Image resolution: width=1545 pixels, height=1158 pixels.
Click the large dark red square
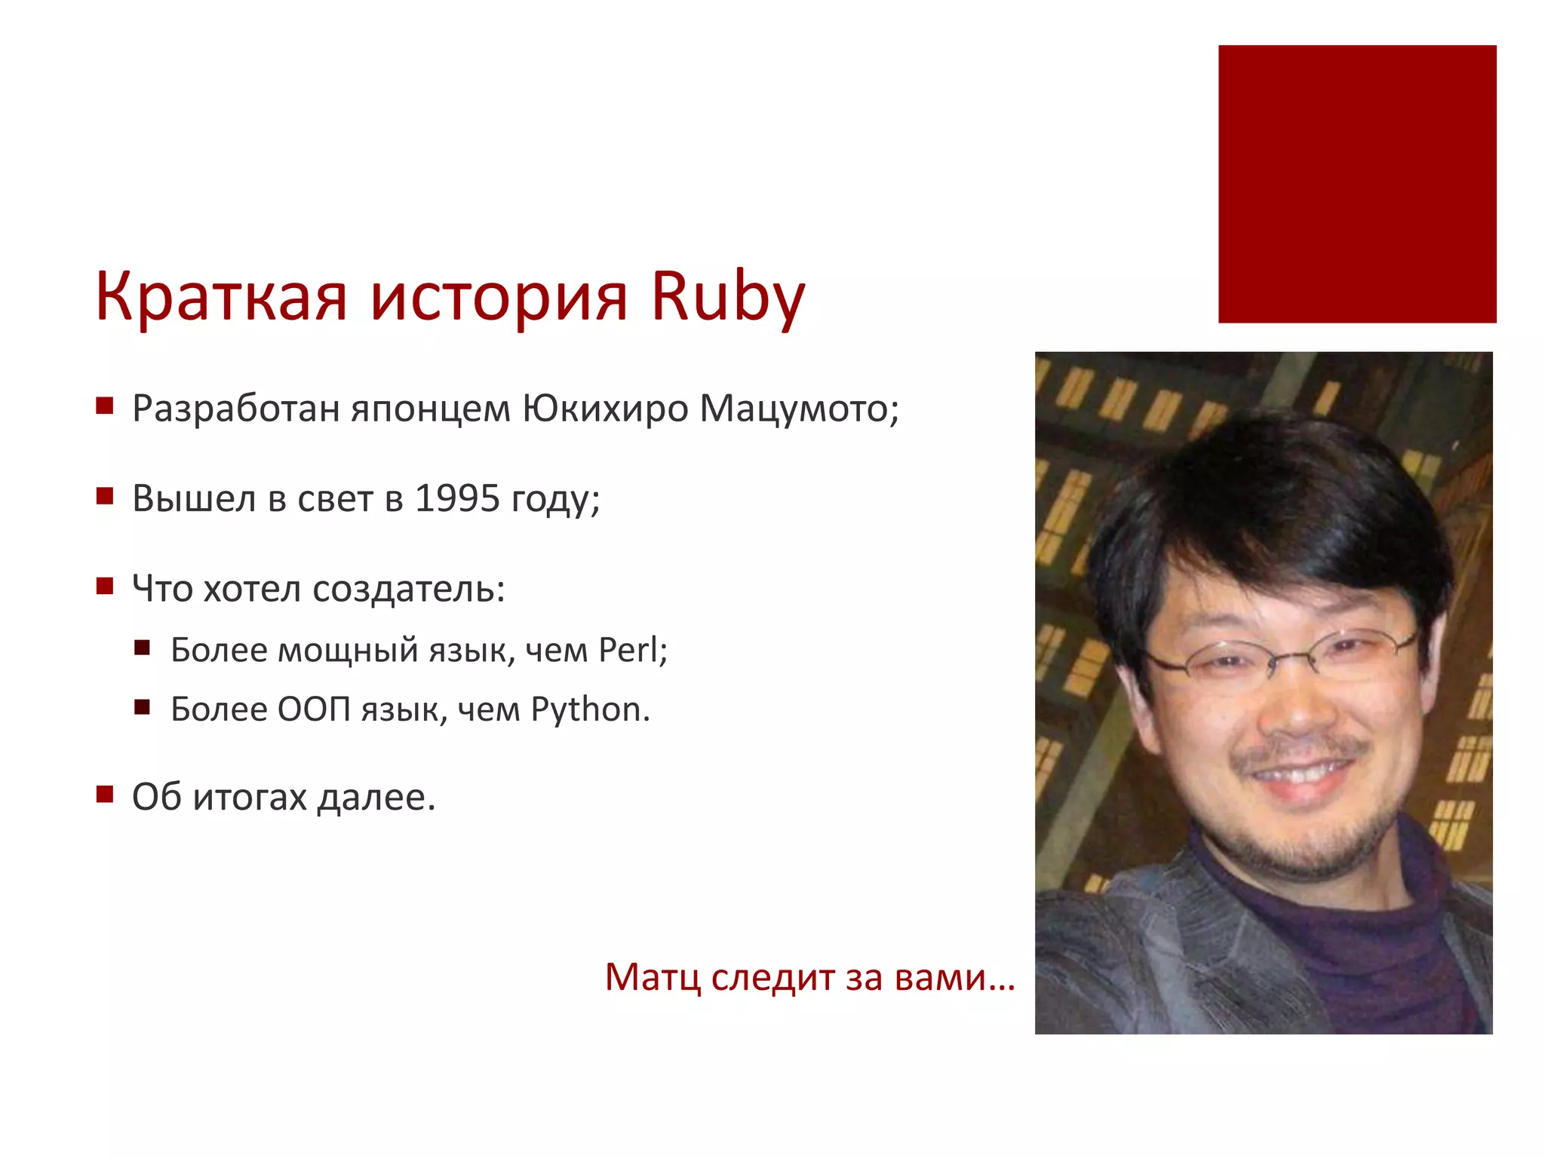(1356, 184)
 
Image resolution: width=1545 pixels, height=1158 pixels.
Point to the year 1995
(457, 498)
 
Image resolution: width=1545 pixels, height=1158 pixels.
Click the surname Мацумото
(799, 409)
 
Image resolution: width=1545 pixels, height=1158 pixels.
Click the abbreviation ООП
(314, 709)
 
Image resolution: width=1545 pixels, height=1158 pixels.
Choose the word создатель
(408, 589)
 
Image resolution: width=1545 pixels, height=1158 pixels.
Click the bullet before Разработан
(105, 407)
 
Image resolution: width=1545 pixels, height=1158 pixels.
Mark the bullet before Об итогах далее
(105, 794)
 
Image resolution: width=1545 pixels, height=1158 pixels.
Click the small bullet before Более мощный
(143, 648)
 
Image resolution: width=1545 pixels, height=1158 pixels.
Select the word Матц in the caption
(653, 978)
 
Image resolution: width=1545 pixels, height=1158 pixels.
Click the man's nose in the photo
(1299, 712)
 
